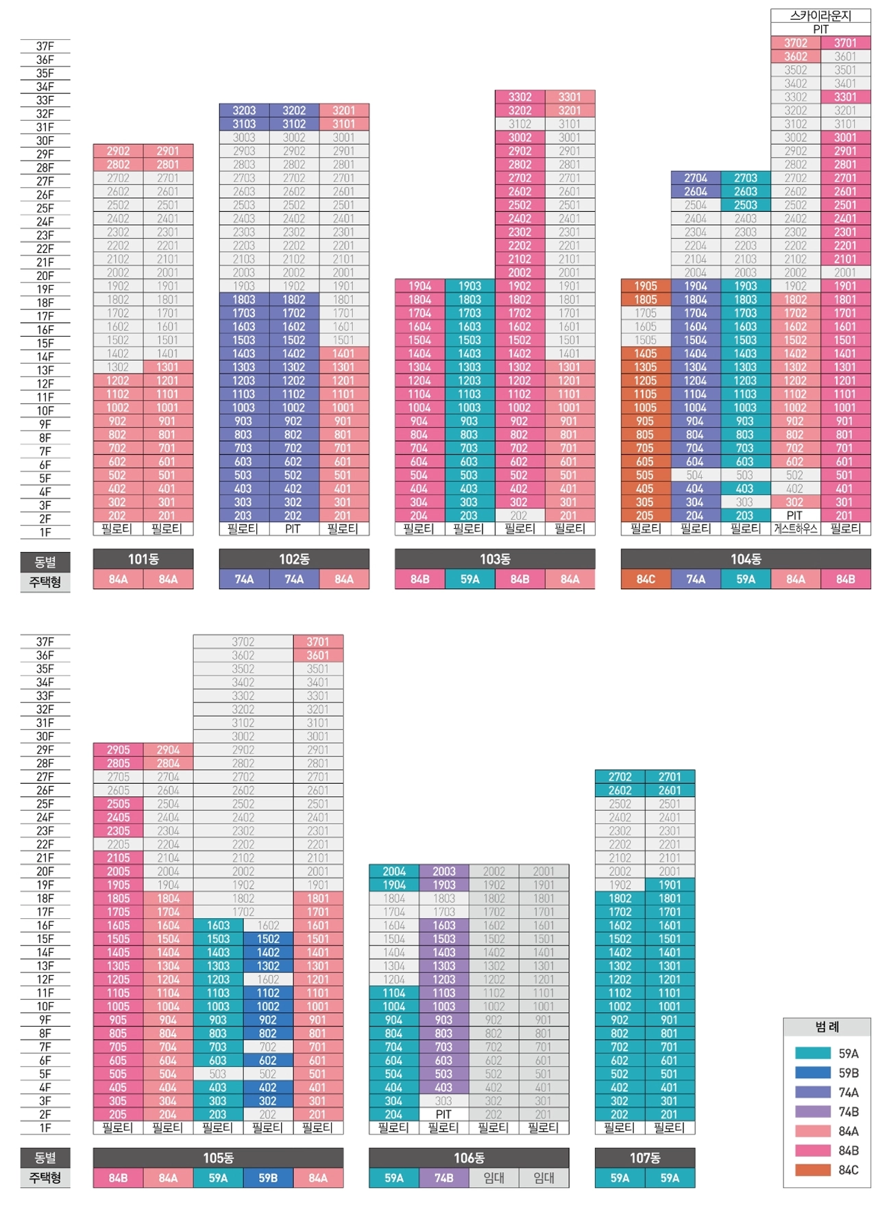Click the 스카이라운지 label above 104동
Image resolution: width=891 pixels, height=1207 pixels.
coord(820,16)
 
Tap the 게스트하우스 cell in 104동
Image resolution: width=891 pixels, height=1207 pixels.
coord(795,529)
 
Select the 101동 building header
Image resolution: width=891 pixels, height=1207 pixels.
coord(143,559)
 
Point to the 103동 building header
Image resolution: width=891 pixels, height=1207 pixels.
coord(495,559)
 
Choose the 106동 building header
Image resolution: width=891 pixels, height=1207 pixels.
coord(469,1158)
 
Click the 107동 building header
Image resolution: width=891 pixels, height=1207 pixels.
coord(645,1158)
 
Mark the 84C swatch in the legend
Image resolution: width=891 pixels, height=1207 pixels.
coord(813,1170)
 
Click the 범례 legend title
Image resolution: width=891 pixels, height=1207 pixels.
coord(827,1027)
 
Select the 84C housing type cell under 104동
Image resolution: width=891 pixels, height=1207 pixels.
coord(646,579)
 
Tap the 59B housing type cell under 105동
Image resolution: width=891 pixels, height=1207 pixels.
coord(268,1178)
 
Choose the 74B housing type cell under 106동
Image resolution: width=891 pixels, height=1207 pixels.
coord(443,1178)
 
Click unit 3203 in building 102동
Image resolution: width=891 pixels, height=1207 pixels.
coord(244,110)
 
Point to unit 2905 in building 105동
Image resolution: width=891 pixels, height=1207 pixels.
coord(118,750)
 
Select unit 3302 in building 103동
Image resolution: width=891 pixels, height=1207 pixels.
coord(520,97)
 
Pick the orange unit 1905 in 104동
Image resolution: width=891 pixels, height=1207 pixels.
coord(646,286)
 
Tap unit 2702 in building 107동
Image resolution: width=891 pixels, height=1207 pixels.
coord(620,777)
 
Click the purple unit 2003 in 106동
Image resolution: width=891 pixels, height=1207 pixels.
coord(443,872)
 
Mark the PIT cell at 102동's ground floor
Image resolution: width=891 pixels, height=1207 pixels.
coord(293,529)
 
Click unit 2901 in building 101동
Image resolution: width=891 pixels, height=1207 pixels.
coord(168,151)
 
